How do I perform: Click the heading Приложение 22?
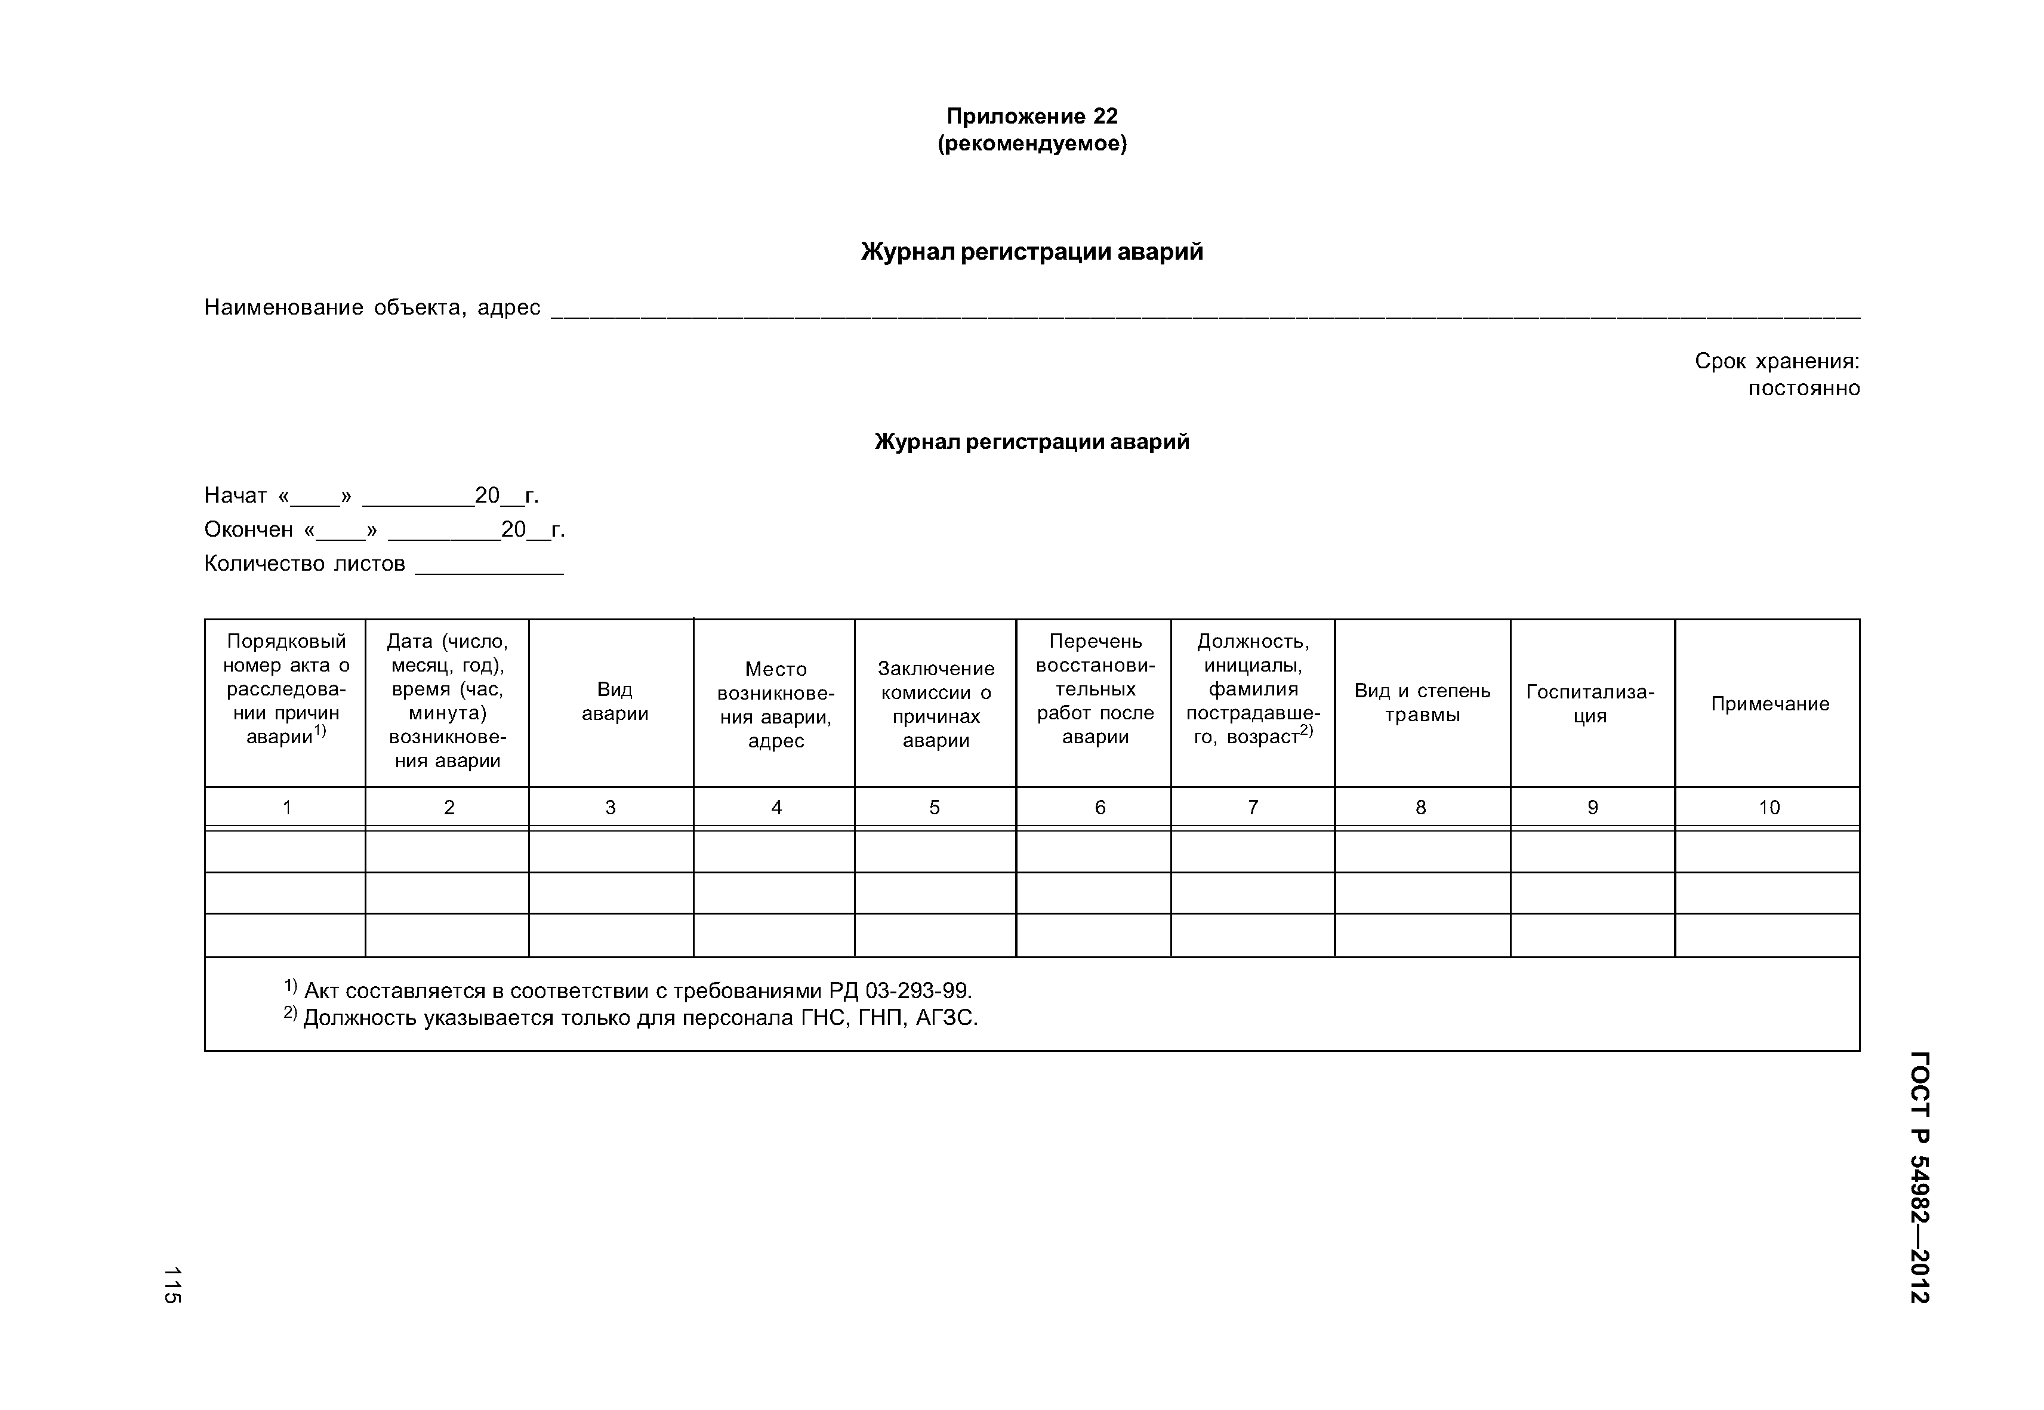tap(1032, 116)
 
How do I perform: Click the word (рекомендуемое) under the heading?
tap(1032, 144)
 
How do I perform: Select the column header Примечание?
tap(1769, 704)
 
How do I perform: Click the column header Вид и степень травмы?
tap(1422, 703)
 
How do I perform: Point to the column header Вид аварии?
tap(614, 701)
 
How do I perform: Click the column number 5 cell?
tap(935, 808)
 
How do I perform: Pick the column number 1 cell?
tap(286, 808)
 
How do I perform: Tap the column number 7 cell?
tap(1253, 808)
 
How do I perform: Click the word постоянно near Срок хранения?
tap(1803, 389)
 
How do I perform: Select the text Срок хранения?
tap(1777, 361)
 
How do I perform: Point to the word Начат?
tap(235, 495)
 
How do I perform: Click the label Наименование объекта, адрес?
tap(372, 307)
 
